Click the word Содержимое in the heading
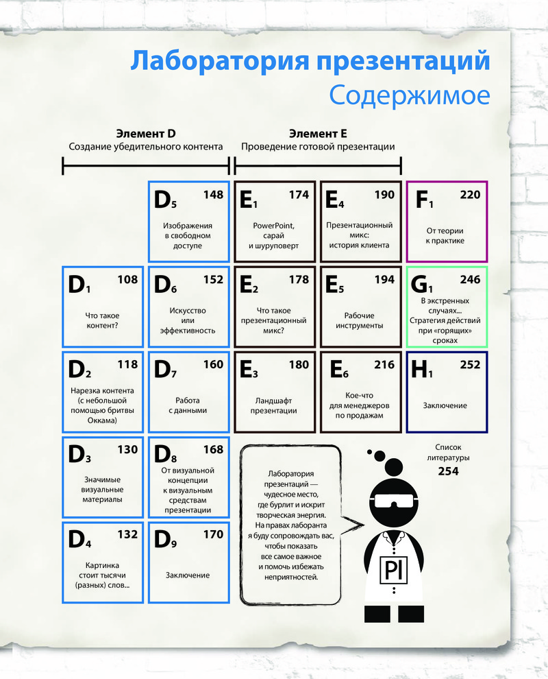coord(409,95)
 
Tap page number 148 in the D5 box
coord(213,195)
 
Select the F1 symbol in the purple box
coord(424,200)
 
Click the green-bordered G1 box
coord(447,307)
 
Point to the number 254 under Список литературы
coord(448,471)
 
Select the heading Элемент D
coord(146,133)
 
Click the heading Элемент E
coord(318,133)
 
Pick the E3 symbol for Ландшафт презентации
coord(249,370)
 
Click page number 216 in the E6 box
coord(384,365)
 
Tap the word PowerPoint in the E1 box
coord(273,226)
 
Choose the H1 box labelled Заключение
coord(447,392)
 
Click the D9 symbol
coord(165,540)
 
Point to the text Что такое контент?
coord(103,320)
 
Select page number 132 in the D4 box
coord(127,534)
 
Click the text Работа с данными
coord(188,405)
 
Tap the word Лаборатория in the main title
coord(220,62)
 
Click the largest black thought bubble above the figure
coord(394,467)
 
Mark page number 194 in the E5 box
coord(384,280)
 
